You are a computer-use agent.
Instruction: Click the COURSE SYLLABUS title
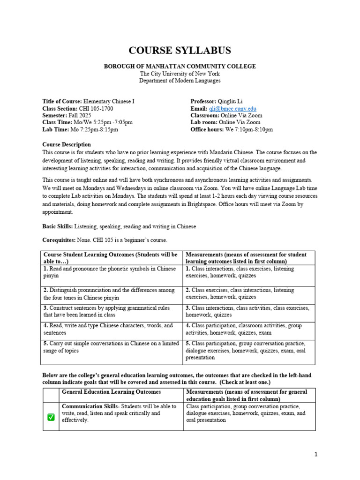pos(180,51)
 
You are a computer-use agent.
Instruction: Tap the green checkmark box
pos(51,417)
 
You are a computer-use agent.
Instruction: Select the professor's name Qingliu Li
pos(234,101)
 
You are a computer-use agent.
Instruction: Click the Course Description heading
pos(67,144)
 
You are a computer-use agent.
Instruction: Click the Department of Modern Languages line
pos(180,81)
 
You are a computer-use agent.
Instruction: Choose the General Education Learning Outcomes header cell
pos(111,392)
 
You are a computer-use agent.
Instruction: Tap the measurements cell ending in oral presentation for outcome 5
pos(248,350)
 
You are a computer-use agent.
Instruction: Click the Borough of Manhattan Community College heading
pos(180,67)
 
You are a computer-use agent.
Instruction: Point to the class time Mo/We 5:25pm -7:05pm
pos(103,122)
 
